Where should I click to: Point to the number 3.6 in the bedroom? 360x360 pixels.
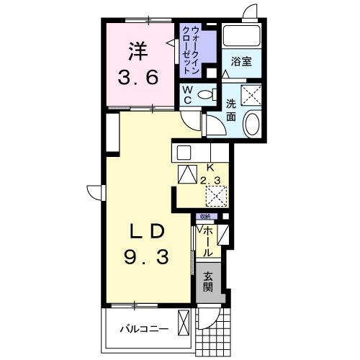click(x=138, y=77)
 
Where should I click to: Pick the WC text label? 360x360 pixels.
click(x=186, y=94)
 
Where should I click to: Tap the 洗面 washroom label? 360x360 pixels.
click(x=231, y=108)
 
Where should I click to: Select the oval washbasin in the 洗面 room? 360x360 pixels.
click(x=253, y=125)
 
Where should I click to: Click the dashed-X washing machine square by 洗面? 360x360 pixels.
click(x=252, y=94)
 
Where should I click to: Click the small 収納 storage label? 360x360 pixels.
click(x=206, y=217)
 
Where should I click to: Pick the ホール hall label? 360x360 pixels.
click(x=207, y=242)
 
